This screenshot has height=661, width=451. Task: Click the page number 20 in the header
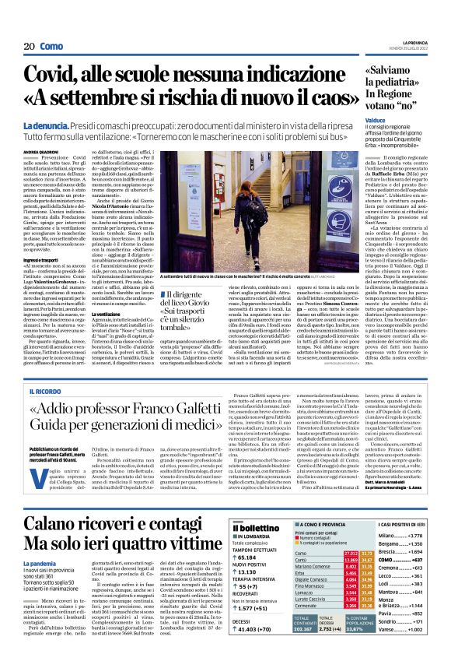pyautogui.click(x=28, y=47)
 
